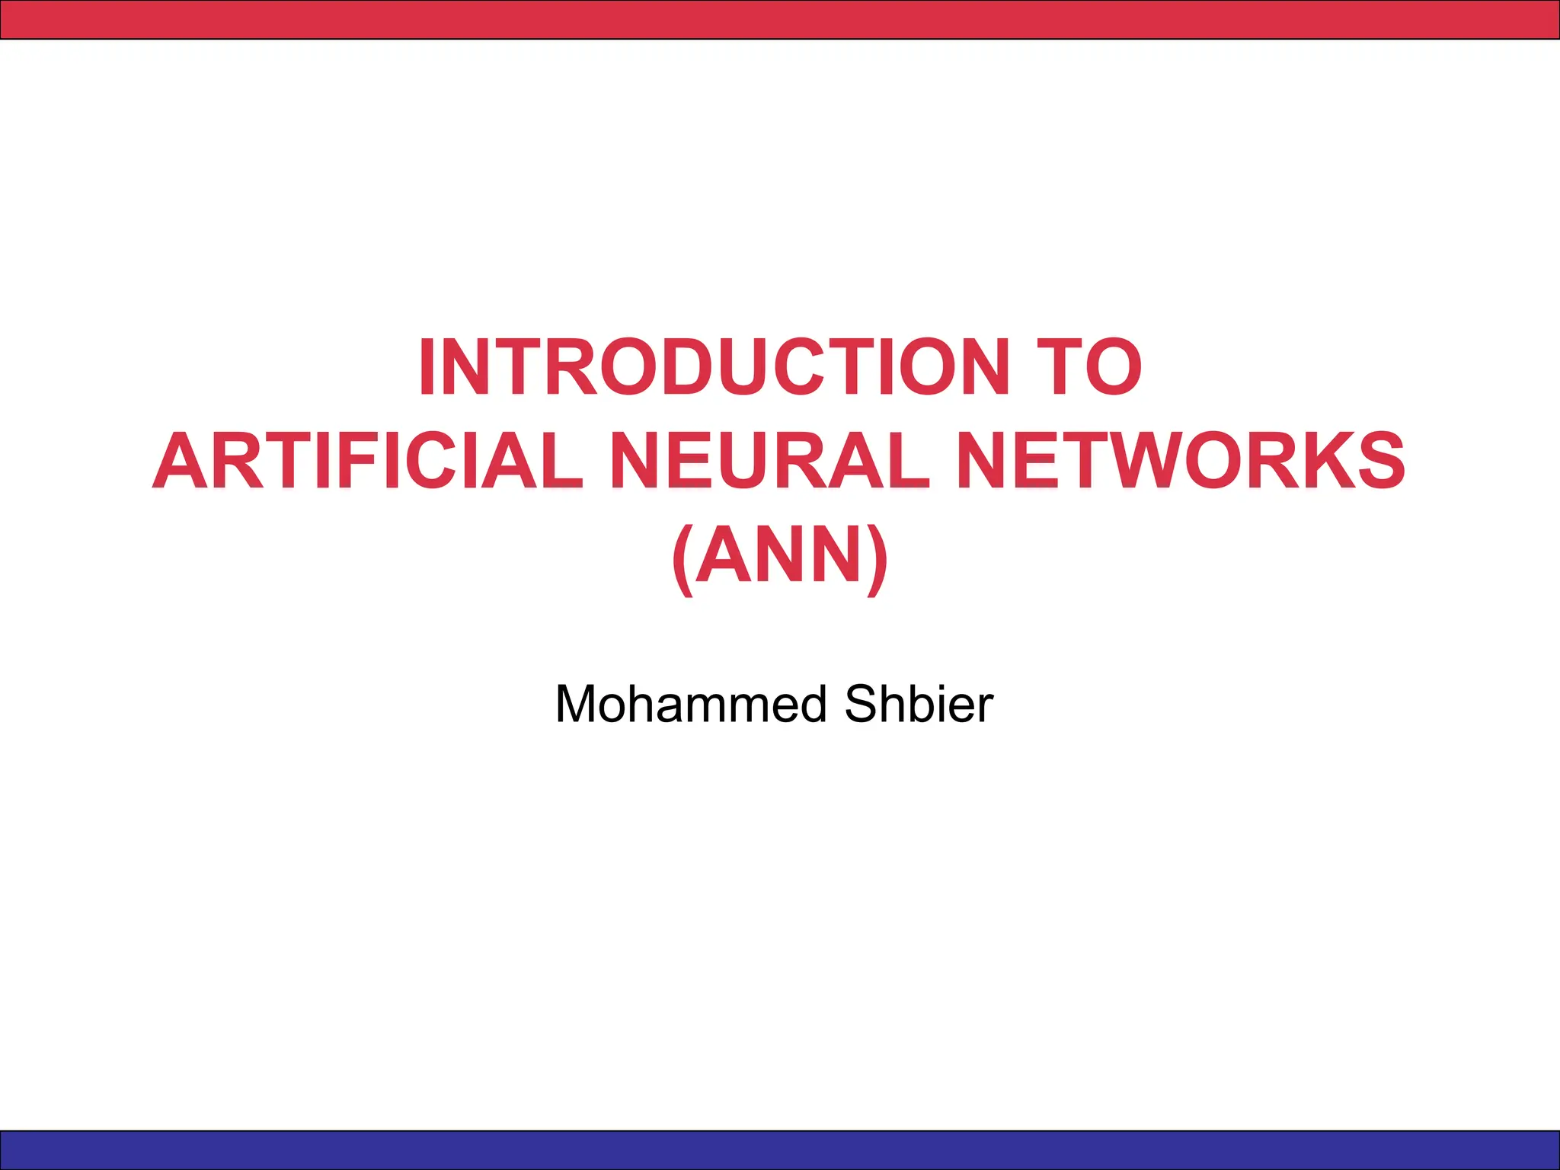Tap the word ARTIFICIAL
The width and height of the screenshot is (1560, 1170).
368,461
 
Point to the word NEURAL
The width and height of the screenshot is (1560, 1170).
769,461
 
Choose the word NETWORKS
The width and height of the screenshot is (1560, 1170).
1180,461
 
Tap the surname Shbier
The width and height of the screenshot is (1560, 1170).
919,704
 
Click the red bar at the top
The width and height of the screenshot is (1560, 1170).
780,19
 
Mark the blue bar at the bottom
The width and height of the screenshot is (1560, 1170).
780,1150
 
